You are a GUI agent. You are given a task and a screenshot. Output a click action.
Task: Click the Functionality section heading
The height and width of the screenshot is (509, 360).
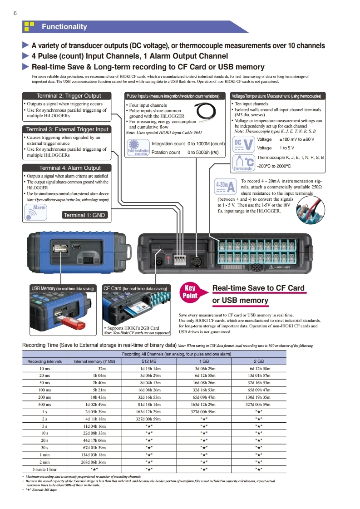[64, 27]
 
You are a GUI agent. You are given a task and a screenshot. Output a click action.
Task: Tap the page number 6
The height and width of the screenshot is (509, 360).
[15, 13]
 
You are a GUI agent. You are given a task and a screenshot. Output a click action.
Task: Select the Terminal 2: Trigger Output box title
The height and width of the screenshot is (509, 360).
[69, 96]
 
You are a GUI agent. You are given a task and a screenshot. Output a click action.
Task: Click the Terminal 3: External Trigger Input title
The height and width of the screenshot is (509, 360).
[67, 129]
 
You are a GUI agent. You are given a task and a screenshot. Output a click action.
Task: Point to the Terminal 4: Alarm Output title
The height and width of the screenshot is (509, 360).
[70, 168]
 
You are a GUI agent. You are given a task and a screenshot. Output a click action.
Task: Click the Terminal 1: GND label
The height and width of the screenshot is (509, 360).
[84, 215]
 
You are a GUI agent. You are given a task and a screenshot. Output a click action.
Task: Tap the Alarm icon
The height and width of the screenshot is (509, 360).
[36, 212]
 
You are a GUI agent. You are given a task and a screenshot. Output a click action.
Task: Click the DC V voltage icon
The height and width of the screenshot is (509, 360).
[243, 144]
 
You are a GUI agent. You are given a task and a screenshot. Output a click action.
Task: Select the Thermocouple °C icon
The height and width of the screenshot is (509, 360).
[243, 163]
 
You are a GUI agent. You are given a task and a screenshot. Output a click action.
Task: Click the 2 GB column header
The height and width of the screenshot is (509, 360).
[259, 361]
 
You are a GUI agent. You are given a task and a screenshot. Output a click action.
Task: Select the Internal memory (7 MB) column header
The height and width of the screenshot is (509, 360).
[94, 361]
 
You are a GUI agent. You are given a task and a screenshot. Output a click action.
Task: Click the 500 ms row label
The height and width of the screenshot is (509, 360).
[44, 405]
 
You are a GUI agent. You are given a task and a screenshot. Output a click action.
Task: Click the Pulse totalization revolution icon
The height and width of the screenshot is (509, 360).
[138, 148]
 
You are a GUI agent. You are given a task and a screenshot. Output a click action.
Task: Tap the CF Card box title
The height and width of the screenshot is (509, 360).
[135, 288]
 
